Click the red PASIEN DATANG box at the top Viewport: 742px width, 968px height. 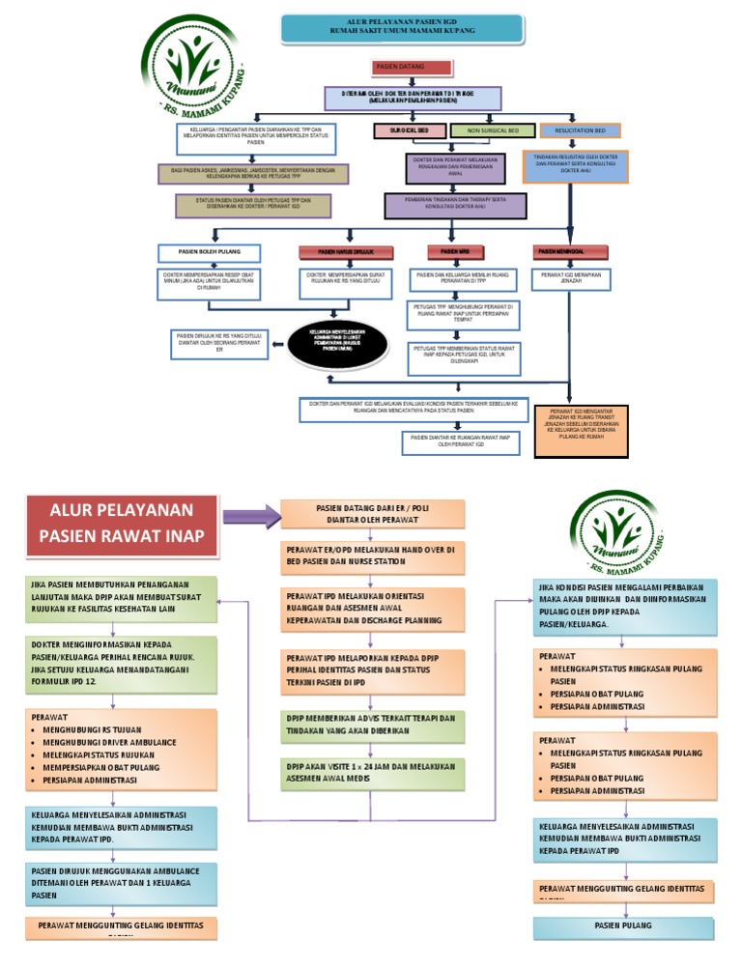click(x=412, y=68)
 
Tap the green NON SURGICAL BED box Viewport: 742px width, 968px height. click(x=491, y=129)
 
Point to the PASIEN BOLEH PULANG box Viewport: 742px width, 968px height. click(x=211, y=252)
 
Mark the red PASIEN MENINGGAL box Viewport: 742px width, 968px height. click(x=571, y=252)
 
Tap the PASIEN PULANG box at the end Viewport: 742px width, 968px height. click(x=625, y=925)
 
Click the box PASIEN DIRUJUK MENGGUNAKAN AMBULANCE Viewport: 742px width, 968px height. click(x=121, y=882)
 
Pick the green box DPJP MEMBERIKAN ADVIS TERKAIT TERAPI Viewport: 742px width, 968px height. click(x=372, y=726)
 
